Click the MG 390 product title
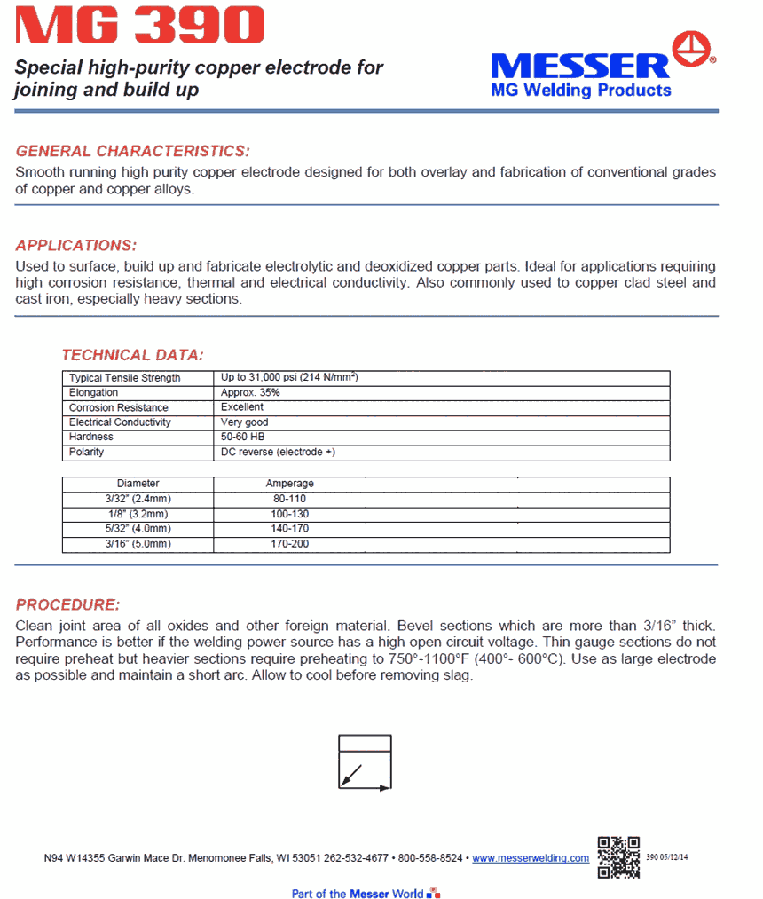(140, 26)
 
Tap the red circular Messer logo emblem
(695, 50)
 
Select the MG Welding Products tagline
(581, 90)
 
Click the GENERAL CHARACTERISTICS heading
(133, 151)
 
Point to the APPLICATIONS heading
(76, 245)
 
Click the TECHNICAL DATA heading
(132, 355)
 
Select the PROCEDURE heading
(67, 605)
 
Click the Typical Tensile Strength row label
(124, 378)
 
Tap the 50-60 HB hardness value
(242, 438)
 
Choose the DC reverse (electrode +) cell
(278, 453)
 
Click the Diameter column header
(138, 484)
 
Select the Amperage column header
(289, 484)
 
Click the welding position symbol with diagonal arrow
(365, 761)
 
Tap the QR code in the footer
(618, 856)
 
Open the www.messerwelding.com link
(531, 858)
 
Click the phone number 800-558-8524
(430, 858)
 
